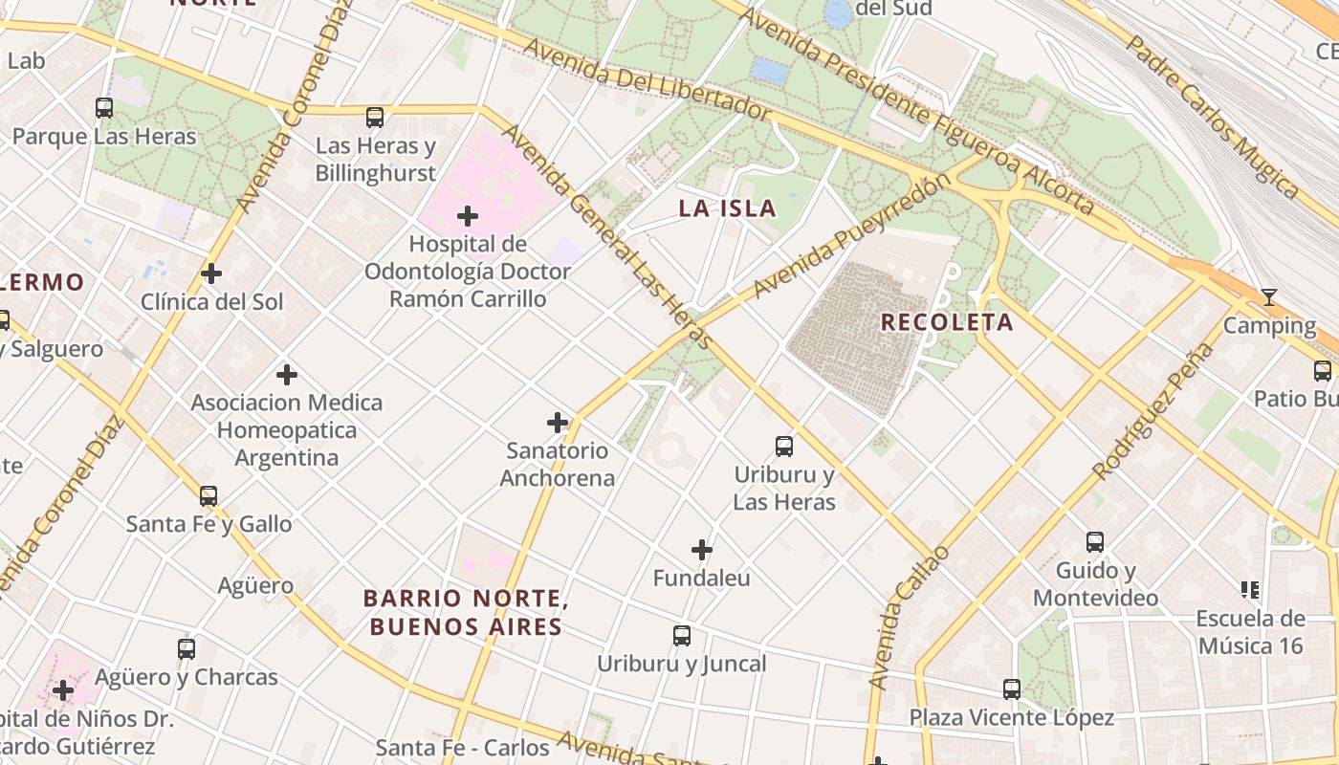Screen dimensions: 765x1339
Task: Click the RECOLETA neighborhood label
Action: tap(946, 322)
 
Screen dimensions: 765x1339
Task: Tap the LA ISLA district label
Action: tap(727, 208)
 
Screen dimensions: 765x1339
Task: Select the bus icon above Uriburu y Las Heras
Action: tap(784, 446)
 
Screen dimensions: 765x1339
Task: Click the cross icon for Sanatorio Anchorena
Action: tap(558, 423)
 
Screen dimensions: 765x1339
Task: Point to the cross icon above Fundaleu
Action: tap(702, 550)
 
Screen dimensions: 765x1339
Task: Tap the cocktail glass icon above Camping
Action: tap(1268, 297)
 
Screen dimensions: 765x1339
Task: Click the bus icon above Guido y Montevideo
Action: tap(1095, 542)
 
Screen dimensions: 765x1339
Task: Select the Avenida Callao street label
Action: tap(909, 618)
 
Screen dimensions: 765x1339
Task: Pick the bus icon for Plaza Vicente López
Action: tap(1012, 688)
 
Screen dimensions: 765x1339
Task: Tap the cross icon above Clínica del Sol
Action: tap(211, 273)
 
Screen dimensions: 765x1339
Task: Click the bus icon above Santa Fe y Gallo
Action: tap(209, 496)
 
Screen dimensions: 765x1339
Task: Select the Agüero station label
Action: tap(255, 585)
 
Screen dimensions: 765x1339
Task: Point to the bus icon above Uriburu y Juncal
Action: tap(682, 636)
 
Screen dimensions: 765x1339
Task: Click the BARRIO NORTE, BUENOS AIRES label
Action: tap(466, 613)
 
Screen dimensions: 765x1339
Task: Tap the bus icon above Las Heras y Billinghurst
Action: tap(375, 118)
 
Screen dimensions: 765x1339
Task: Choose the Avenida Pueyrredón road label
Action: tap(853, 235)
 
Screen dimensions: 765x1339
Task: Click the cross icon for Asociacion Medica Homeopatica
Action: tap(286, 375)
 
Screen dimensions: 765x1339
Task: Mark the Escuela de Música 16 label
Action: tap(1250, 632)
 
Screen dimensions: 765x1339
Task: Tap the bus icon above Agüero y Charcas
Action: tap(187, 649)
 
